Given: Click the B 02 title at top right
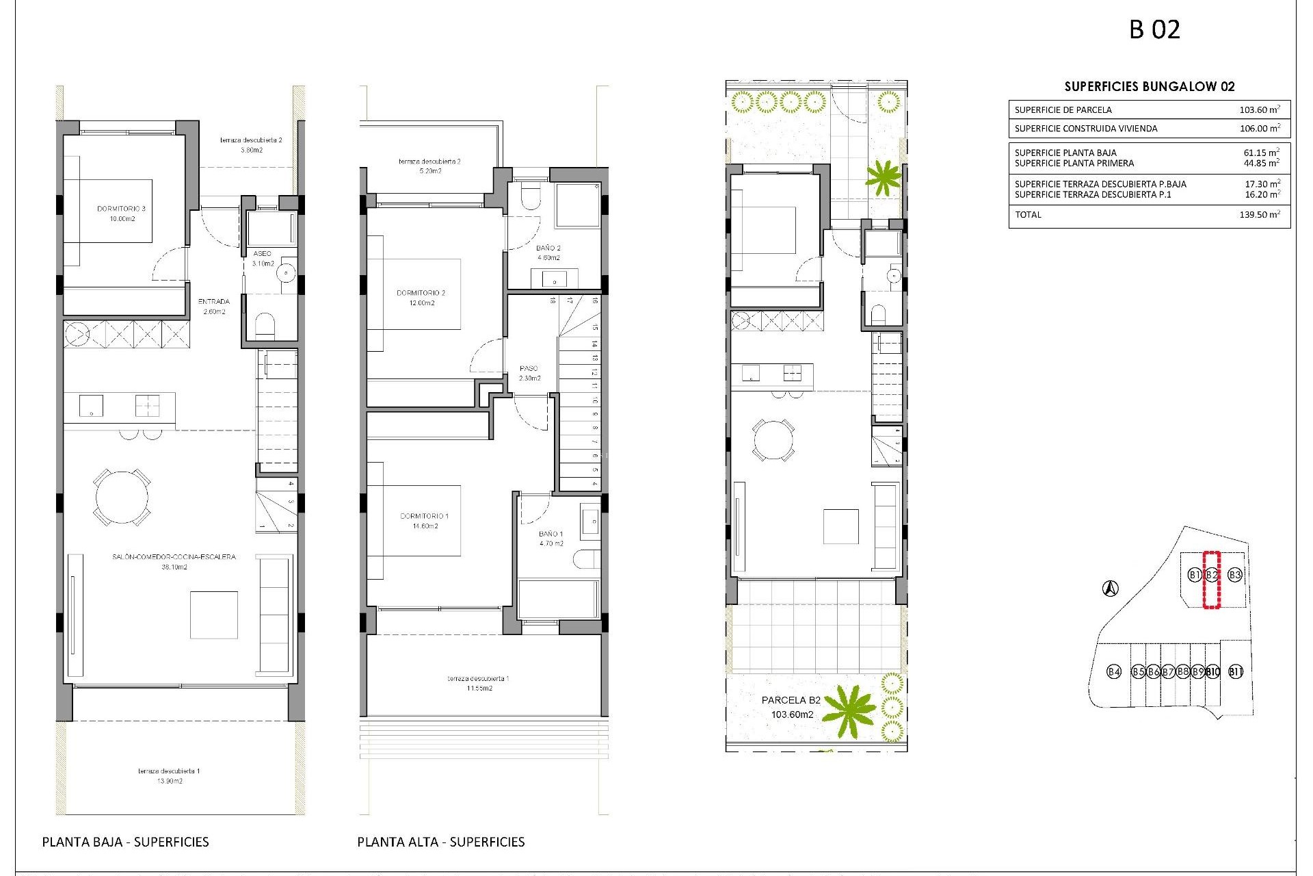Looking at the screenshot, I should (x=1154, y=30).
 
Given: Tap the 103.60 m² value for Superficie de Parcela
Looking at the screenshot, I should (x=1259, y=109).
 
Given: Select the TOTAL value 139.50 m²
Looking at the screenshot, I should (x=1259, y=215).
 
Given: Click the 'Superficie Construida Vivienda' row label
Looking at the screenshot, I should (x=1086, y=129).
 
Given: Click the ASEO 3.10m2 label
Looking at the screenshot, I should (x=263, y=258).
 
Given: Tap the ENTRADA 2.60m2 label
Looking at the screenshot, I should (x=214, y=306).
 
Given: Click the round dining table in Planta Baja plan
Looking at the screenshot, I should (x=122, y=497).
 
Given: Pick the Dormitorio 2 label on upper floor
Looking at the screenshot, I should (x=421, y=298).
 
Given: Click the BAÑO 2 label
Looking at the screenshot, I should (x=548, y=253).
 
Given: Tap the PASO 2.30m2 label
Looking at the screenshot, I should (x=529, y=373).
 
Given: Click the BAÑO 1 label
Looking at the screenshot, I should (x=551, y=539).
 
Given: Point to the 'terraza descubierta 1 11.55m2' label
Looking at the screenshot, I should (x=478, y=683).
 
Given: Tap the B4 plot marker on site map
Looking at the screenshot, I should (x=1114, y=671).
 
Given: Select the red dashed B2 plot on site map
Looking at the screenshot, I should (x=1211, y=580).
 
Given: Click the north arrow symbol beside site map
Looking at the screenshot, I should (x=1111, y=588).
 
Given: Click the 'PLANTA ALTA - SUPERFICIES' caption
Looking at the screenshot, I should (x=440, y=842).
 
